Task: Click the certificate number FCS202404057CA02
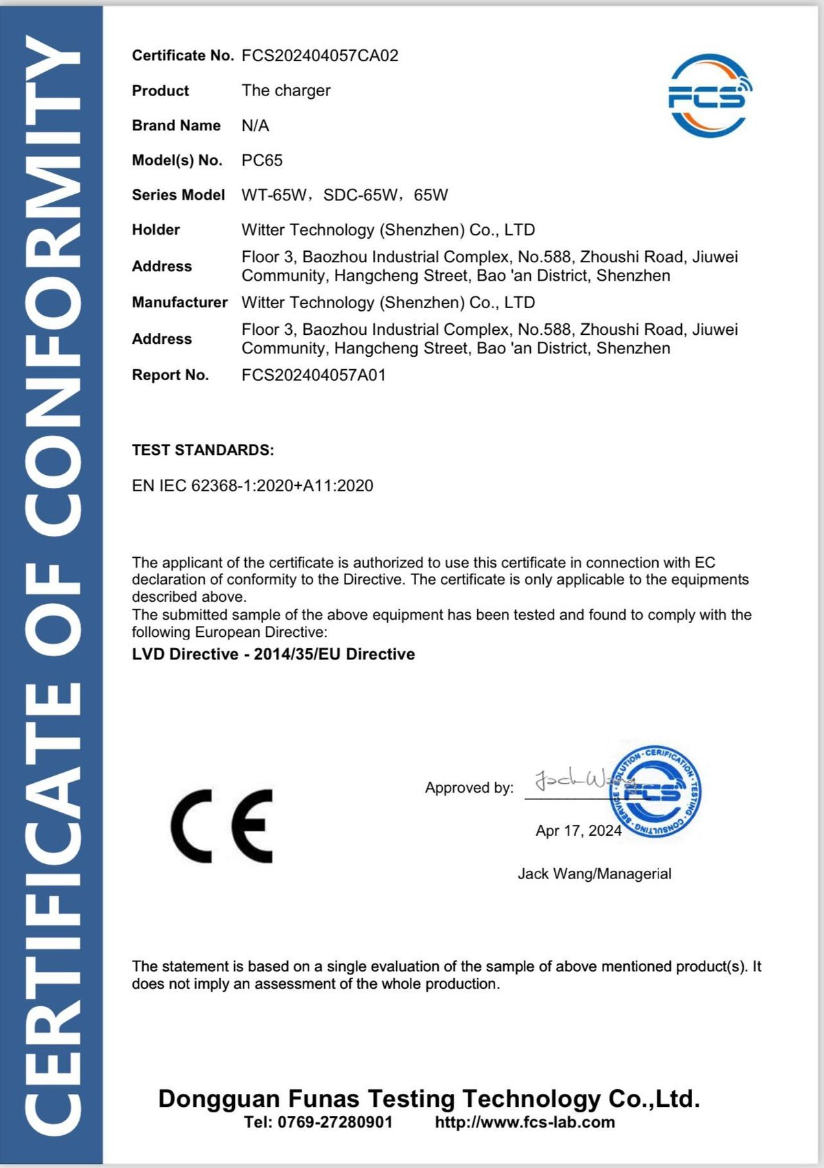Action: [320, 56]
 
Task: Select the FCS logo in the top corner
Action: [709, 95]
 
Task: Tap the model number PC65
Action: [262, 161]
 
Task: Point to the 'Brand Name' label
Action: [176, 126]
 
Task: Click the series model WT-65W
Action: [274, 195]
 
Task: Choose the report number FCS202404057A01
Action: [314, 375]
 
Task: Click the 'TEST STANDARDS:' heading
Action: [203, 450]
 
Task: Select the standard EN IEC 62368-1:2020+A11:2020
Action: [253, 486]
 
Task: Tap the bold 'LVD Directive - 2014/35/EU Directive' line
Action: [273, 654]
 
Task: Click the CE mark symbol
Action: [222, 826]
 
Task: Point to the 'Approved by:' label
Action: [469, 788]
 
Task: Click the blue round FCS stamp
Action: [656, 791]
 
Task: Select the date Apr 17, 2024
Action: [578, 831]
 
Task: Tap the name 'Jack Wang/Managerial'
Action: [595, 874]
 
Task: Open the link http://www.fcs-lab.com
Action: [525, 1122]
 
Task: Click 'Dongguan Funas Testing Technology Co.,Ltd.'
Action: [429, 1099]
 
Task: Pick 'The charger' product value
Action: [286, 91]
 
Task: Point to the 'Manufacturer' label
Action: [180, 303]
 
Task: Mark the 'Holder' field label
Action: [156, 230]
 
